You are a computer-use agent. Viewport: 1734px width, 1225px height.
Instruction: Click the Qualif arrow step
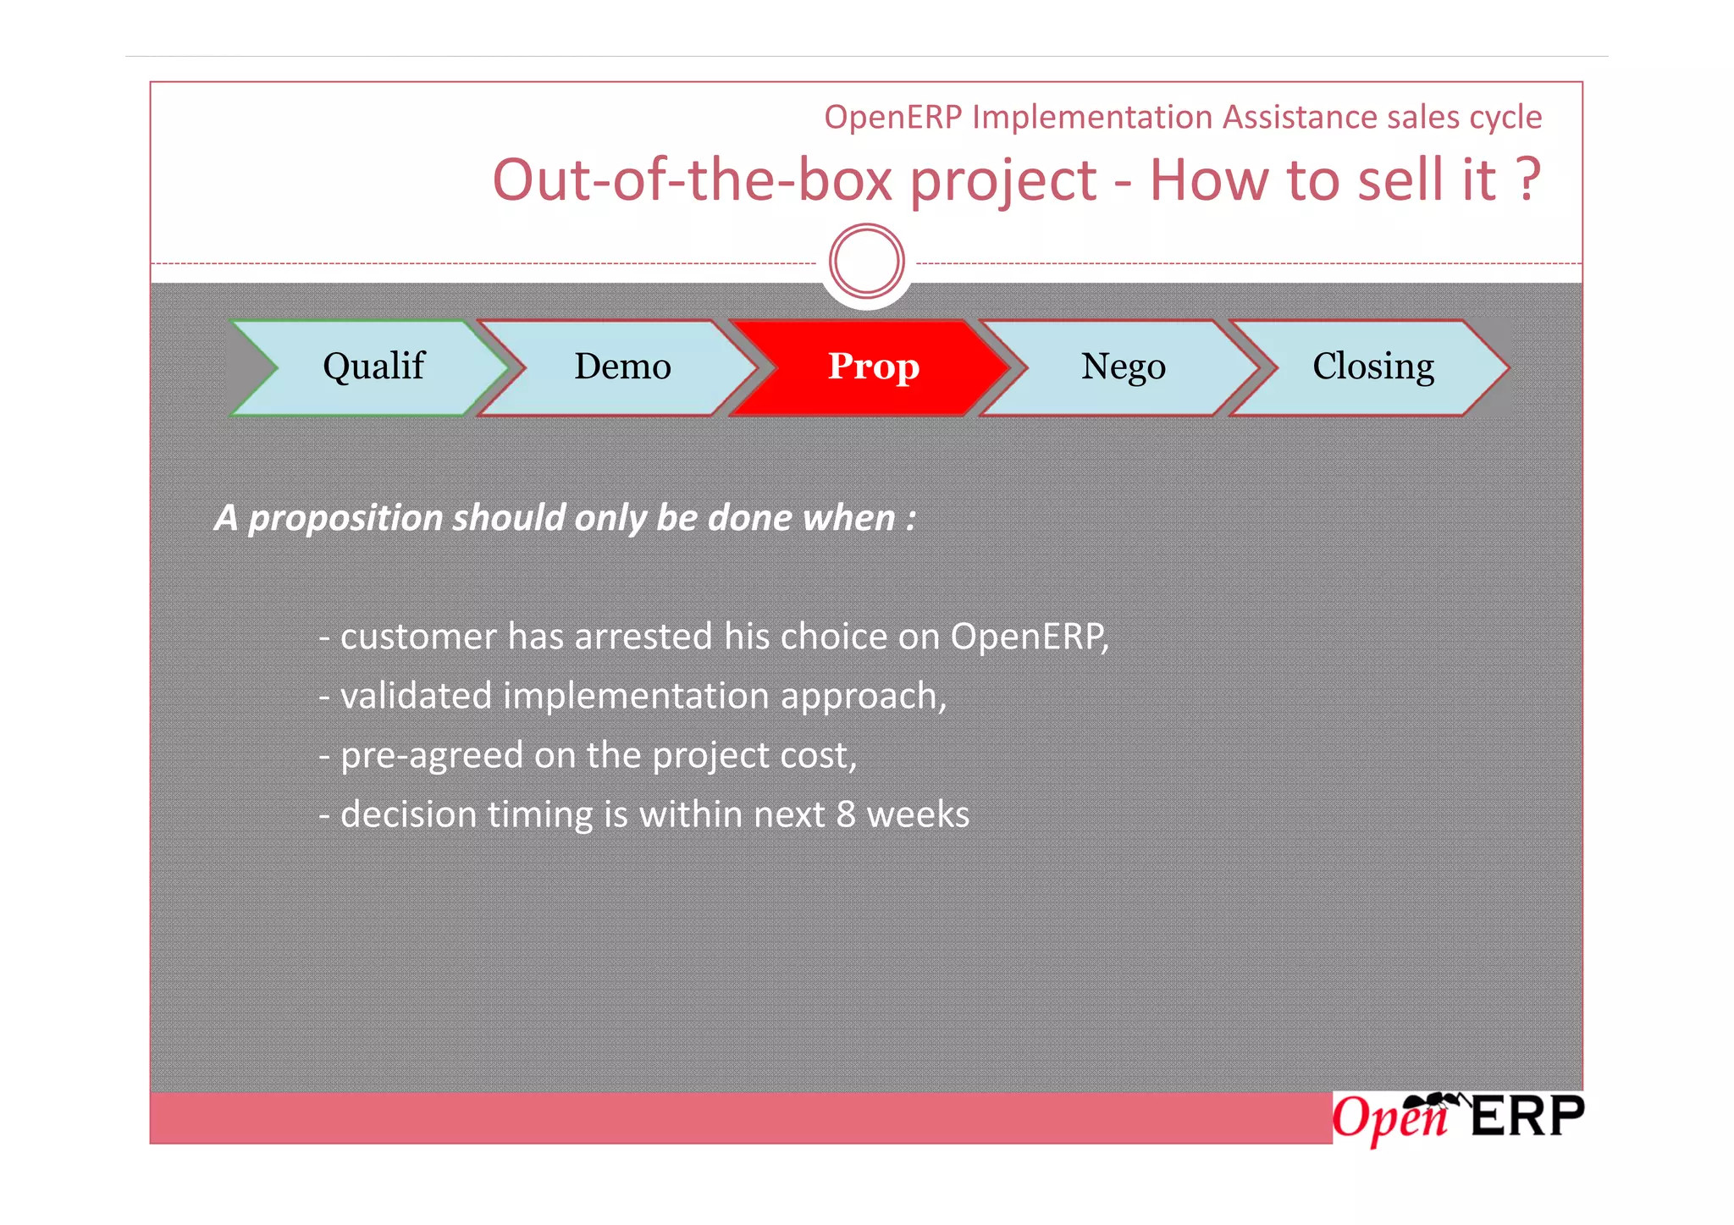point(373,367)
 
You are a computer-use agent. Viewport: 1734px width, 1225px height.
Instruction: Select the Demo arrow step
point(622,367)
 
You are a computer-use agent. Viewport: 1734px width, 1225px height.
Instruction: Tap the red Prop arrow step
point(873,367)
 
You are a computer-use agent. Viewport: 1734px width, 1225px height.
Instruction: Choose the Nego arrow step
point(1123,367)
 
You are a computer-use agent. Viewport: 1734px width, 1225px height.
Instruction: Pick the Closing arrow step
point(1372,367)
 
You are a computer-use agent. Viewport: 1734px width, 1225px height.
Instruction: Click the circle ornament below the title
point(866,261)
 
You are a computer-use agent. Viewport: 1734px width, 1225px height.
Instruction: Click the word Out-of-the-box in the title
point(693,180)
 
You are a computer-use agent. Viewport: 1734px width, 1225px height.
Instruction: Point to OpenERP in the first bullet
point(1026,637)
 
